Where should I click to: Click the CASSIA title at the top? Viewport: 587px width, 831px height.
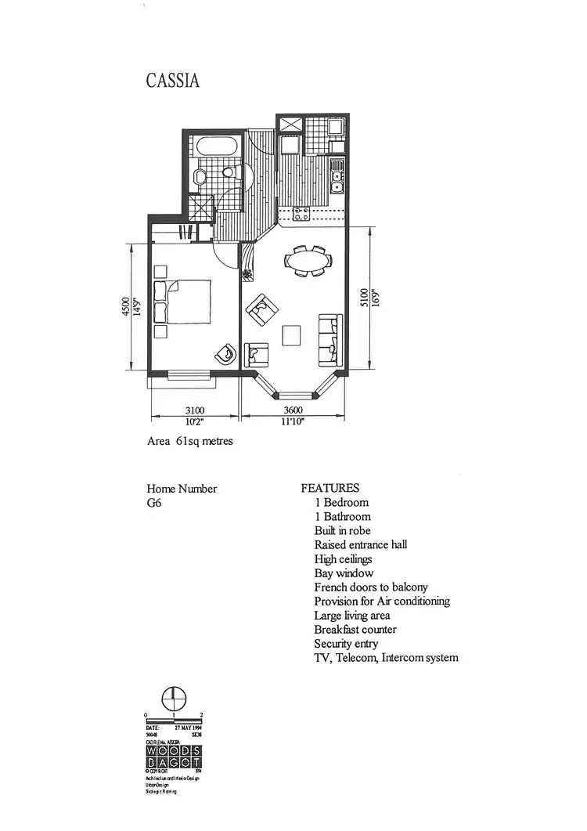(x=172, y=81)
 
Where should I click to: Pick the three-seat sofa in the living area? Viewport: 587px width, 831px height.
(x=330, y=340)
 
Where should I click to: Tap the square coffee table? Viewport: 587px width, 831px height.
(x=292, y=334)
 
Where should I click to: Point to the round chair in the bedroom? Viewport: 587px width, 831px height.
(x=225, y=353)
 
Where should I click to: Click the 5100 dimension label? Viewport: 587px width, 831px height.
(x=362, y=298)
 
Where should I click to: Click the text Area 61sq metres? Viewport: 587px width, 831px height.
(x=189, y=441)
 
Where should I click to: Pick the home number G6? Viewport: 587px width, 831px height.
(x=153, y=503)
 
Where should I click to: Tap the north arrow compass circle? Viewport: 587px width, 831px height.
(x=173, y=698)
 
